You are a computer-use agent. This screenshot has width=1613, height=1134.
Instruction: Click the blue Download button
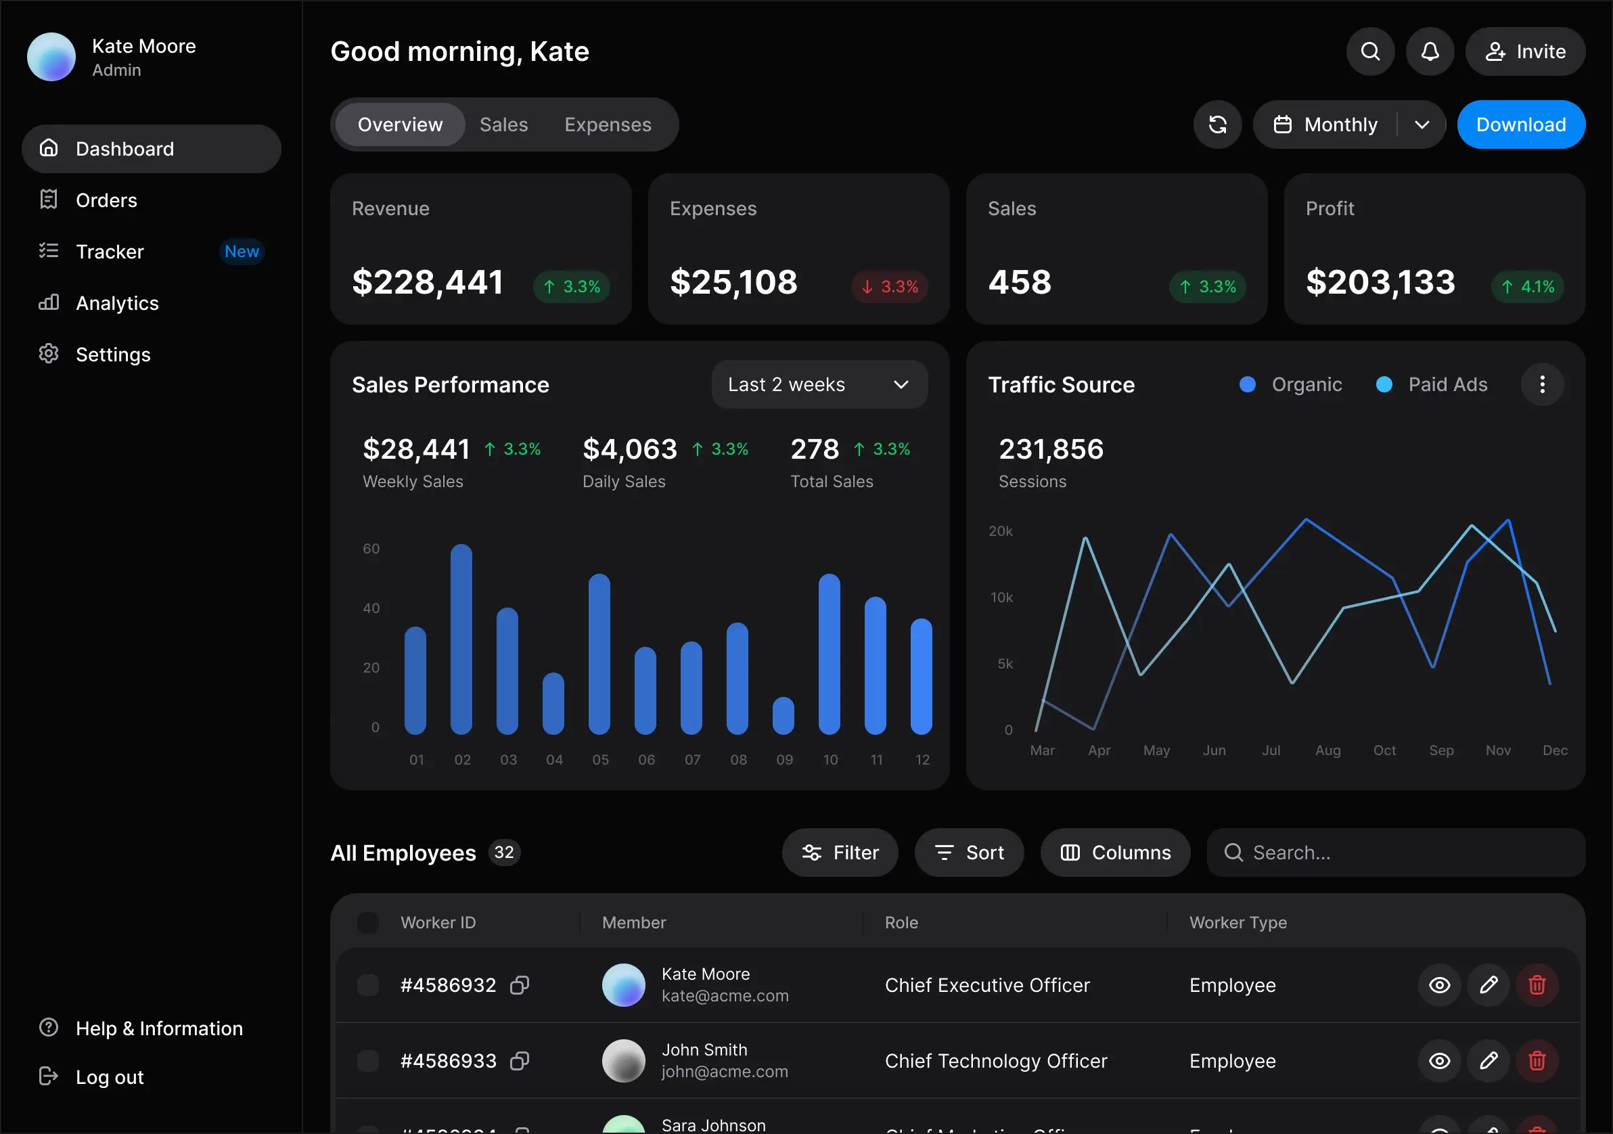click(1520, 124)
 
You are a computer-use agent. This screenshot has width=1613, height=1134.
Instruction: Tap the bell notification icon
click(1430, 51)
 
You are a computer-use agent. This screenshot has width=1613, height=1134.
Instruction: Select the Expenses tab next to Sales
click(608, 124)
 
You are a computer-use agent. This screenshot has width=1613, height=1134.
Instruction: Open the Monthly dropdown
click(1349, 124)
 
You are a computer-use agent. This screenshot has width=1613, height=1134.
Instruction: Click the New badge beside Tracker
click(242, 252)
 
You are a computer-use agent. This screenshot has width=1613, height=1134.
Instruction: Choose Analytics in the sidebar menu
click(116, 303)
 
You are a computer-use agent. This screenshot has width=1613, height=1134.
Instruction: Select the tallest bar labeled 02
click(461, 639)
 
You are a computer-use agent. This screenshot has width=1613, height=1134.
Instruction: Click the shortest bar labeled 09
click(783, 716)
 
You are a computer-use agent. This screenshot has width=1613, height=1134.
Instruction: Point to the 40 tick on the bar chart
click(371, 608)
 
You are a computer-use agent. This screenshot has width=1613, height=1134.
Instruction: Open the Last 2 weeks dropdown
click(819, 384)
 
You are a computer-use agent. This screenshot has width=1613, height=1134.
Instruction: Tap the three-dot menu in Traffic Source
click(1542, 384)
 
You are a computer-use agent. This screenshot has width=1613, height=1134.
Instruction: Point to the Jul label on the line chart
click(1271, 750)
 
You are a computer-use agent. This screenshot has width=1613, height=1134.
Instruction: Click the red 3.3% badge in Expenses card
click(890, 287)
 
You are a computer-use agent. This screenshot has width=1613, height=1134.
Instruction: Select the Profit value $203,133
click(1380, 282)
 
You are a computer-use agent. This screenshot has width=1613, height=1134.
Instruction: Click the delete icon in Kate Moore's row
click(1537, 985)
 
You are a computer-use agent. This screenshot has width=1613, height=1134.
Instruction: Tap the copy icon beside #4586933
click(520, 1060)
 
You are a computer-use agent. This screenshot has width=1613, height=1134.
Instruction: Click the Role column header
click(901, 922)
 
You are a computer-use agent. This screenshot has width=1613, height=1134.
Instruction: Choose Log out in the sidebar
click(109, 1077)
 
